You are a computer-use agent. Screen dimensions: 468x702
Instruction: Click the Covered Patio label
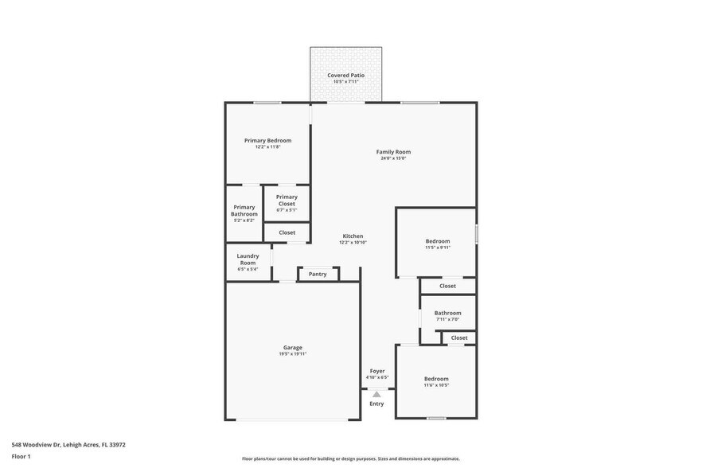345,75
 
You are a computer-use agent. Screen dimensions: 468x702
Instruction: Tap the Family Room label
393,151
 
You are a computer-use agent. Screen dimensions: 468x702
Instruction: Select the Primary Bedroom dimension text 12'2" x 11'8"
267,147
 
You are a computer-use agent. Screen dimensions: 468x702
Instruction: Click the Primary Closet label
287,200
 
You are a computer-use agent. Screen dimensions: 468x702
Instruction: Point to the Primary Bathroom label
244,210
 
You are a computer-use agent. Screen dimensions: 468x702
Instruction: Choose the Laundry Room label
248,259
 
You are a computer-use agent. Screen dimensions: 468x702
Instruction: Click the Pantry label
318,274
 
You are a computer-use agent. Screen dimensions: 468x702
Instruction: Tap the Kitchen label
353,236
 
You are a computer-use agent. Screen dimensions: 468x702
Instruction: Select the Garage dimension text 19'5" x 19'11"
292,354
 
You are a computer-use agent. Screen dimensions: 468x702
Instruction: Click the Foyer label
376,371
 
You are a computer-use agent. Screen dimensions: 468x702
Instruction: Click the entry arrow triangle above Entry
376,393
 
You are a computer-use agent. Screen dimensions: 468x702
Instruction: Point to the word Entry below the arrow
376,404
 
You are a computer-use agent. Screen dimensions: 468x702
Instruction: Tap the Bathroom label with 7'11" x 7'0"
447,313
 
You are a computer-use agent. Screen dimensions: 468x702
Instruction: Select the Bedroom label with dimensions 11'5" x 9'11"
437,241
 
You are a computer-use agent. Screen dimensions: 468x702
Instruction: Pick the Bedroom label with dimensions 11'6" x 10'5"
436,379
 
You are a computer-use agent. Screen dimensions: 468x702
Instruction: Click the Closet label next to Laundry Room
287,232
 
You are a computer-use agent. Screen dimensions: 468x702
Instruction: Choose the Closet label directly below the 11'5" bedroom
447,286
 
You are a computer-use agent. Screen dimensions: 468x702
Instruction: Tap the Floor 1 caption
21,456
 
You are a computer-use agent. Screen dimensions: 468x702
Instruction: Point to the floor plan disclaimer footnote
350,458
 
